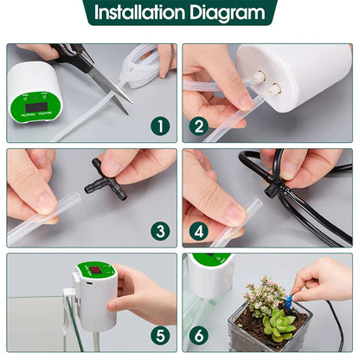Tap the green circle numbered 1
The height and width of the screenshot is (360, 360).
pyautogui.click(x=158, y=126)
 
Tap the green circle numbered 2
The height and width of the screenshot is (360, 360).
pyautogui.click(x=200, y=126)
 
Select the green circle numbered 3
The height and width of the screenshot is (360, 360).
pyautogui.click(x=158, y=231)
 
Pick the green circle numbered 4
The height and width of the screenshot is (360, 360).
pyautogui.click(x=200, y=231)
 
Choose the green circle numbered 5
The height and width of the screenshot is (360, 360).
pyautogui.click(x=158, y=336)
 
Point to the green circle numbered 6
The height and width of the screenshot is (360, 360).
pyautogui.click(x=200, y=336)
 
